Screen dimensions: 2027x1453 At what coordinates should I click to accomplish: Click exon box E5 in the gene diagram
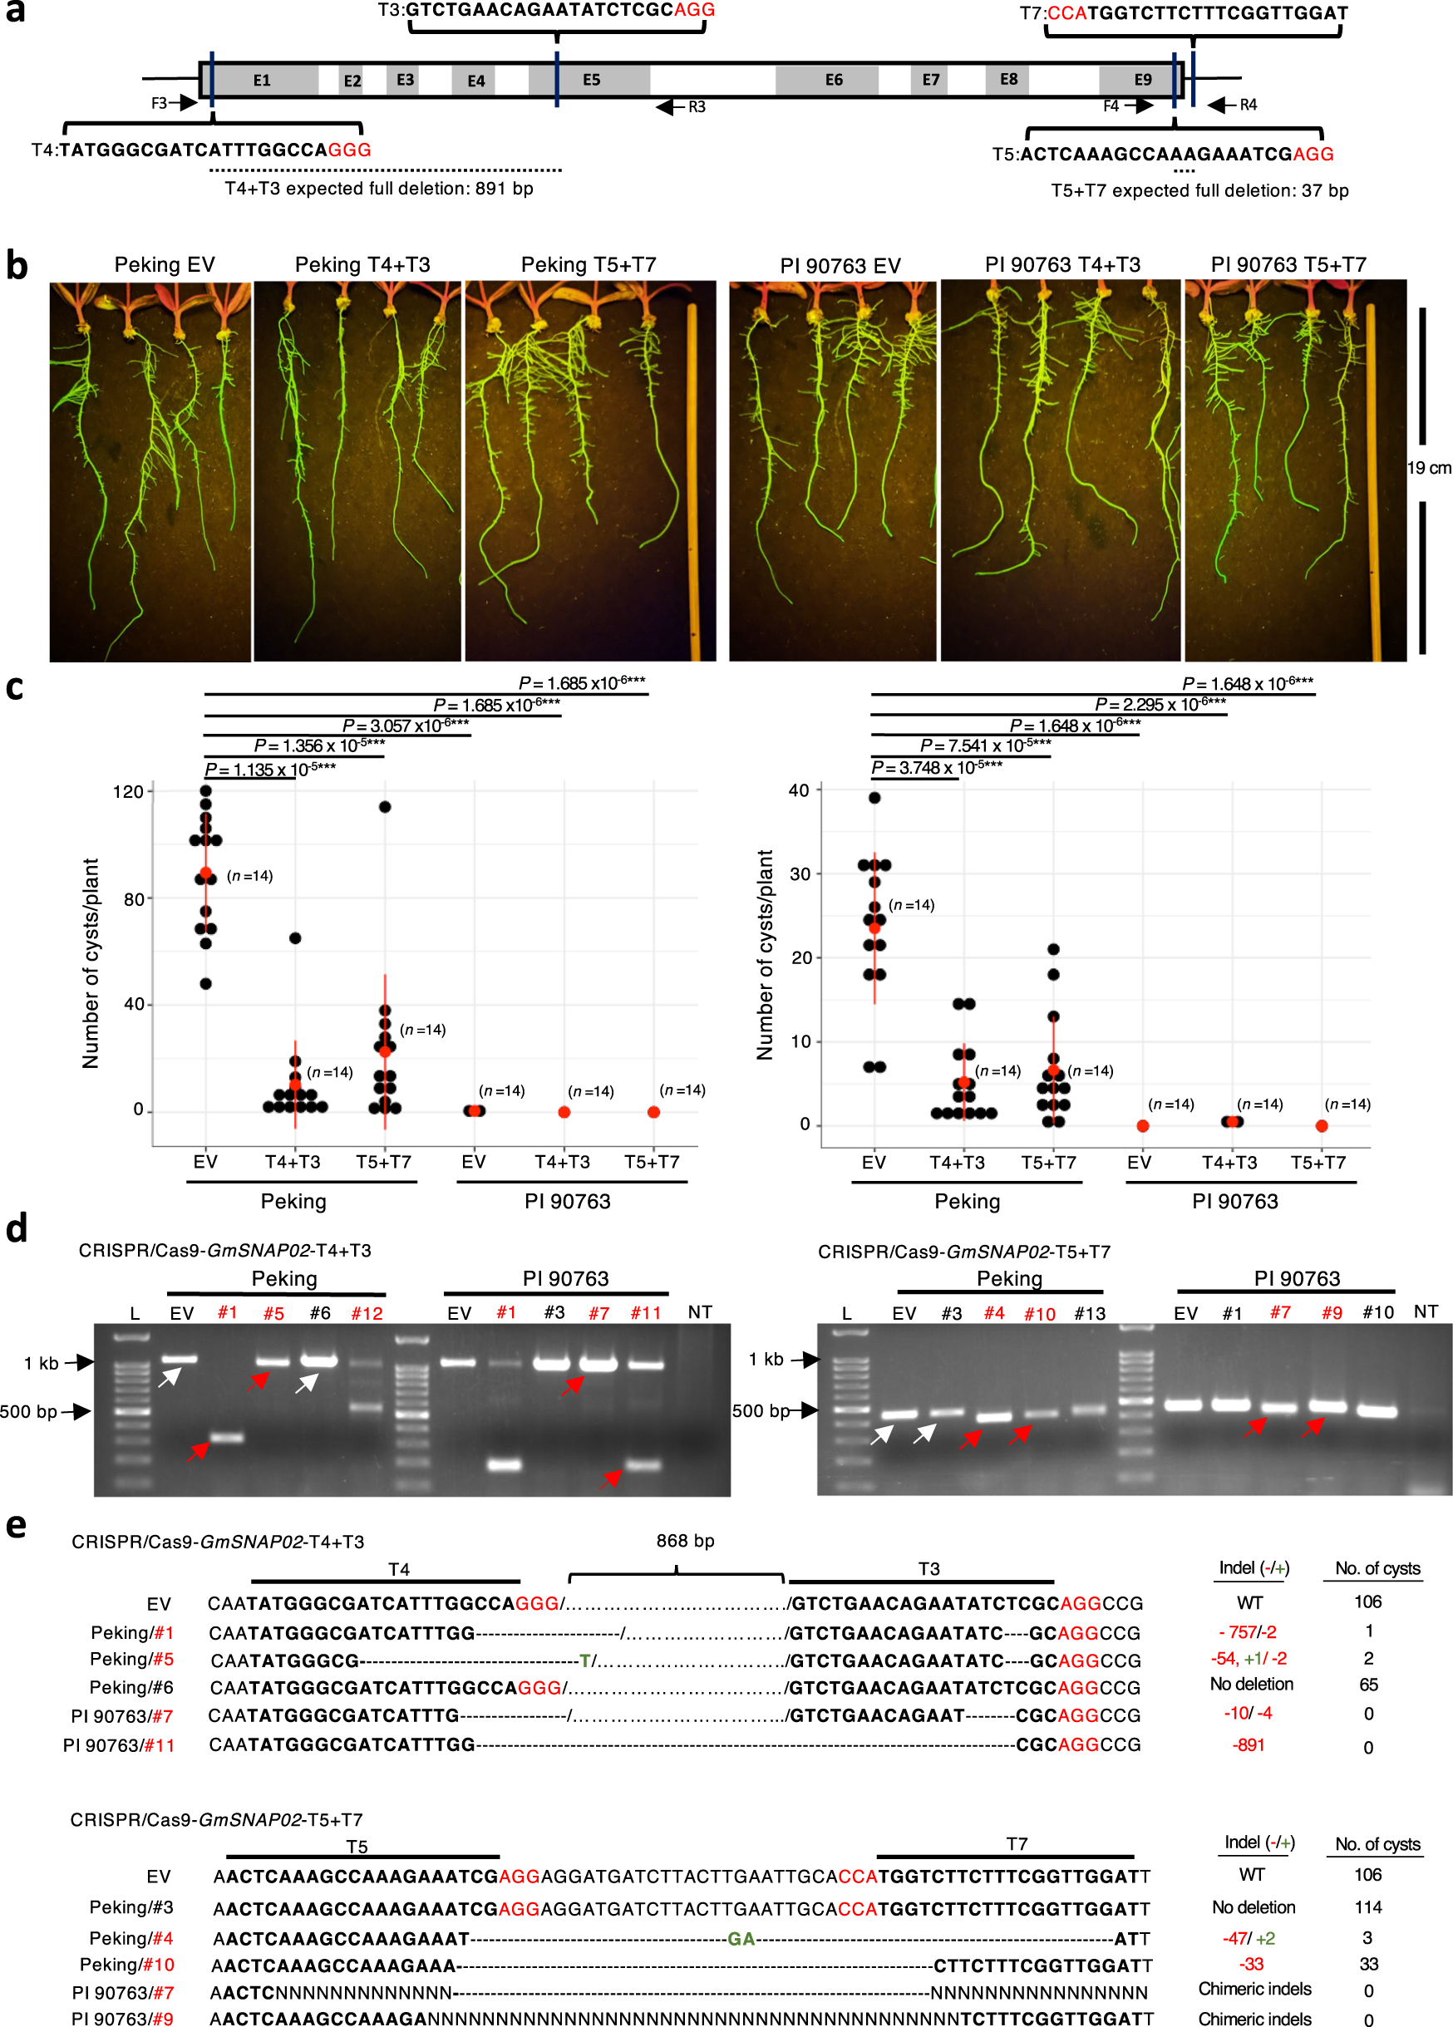click(x=591, y=80)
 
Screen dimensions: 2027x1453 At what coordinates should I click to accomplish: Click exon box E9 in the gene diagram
click(x=1142, y=80)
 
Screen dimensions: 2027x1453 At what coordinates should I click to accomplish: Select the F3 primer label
click(x=159, y=103)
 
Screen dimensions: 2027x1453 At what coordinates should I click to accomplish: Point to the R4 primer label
click(x=1249, y=105)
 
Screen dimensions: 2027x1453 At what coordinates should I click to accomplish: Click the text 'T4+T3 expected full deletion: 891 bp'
click(x=378, y=189)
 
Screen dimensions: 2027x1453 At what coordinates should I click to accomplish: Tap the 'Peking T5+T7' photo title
click(x=589, y=264)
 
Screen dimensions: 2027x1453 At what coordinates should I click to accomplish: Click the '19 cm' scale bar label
click(x=1428, y=467)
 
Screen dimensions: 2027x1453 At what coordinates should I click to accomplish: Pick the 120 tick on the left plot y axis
click(x=128, y=791)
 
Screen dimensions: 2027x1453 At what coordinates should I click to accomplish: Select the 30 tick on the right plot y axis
click(x=800, y=873)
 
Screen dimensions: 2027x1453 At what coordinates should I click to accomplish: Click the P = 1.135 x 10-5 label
click(x=269, y=769)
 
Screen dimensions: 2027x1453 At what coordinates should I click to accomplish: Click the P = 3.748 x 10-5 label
click(x=936, y=767)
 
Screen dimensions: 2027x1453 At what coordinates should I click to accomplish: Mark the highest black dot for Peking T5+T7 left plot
click(x=385, y=806)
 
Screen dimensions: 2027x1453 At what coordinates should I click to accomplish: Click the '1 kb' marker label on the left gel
click(x=41, y=1363)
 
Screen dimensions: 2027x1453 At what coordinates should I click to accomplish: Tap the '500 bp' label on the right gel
click(x=759, y=1410)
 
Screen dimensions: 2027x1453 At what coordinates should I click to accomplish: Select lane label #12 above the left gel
click(x=367, y=1313)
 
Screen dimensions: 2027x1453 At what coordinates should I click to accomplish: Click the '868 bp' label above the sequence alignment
click(x=685, y=1541)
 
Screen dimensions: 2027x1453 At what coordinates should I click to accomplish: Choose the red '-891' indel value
click(x=1249, y=1744)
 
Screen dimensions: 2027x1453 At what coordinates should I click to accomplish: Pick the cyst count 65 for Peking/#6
click(x=1367, y=1685)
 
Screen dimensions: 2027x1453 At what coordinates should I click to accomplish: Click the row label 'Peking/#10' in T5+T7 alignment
click(x=127, y=1965)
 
